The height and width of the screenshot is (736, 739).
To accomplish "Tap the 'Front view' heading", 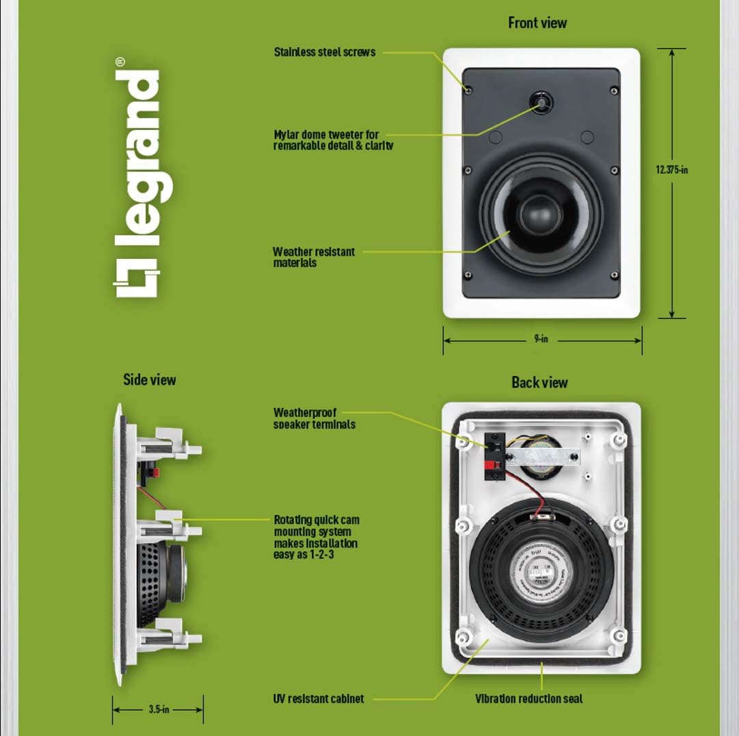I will (537, 23).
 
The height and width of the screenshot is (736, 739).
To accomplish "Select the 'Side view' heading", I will (149, 380).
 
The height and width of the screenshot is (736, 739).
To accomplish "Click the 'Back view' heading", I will (539, 383).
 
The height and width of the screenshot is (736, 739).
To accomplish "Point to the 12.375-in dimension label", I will (672, 170).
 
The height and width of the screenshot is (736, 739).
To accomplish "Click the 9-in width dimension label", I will (541, 339).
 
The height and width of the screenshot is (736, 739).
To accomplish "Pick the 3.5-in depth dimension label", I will (158, 709).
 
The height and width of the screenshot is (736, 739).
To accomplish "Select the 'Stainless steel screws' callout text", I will (324, 52).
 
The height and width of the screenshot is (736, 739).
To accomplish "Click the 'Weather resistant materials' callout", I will (313, 257).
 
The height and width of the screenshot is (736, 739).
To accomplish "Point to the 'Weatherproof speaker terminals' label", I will (314, 418).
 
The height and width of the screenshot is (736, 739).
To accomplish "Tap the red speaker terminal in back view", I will (490, 466).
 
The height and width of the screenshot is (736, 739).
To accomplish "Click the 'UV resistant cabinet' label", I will (318, 698).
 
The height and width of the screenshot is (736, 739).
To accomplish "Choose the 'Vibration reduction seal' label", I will (528, 698).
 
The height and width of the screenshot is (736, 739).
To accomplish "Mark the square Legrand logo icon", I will (136, 278).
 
